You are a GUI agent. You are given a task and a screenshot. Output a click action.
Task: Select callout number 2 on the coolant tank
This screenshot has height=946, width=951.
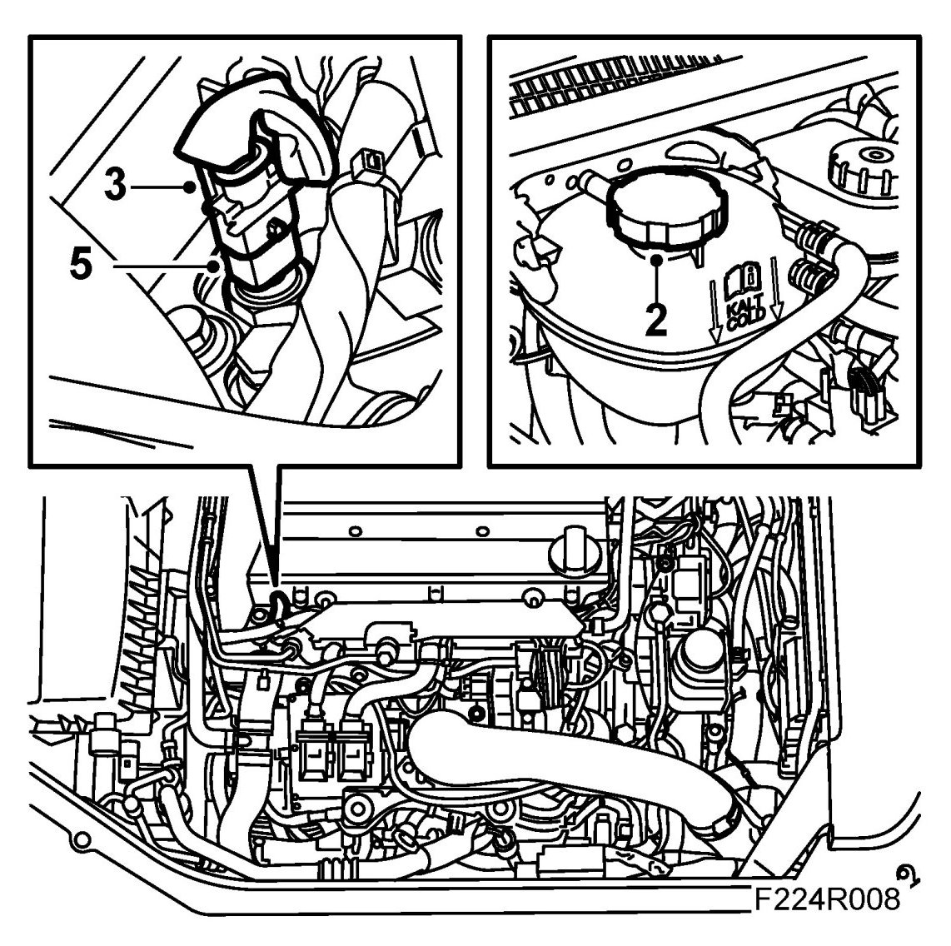point(655,320)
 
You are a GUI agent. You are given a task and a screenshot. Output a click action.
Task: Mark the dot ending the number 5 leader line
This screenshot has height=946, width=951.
point(213,265)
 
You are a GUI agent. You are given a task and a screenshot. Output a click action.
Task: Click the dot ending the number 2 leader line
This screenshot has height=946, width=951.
point(656,260)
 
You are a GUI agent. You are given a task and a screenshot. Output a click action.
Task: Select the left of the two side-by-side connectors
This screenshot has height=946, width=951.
point(314,752)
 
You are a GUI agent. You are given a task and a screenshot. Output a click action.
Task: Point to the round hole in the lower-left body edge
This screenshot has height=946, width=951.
point(80,841)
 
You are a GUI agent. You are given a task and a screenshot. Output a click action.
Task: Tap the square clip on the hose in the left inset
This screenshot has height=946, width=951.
point(368,162)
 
